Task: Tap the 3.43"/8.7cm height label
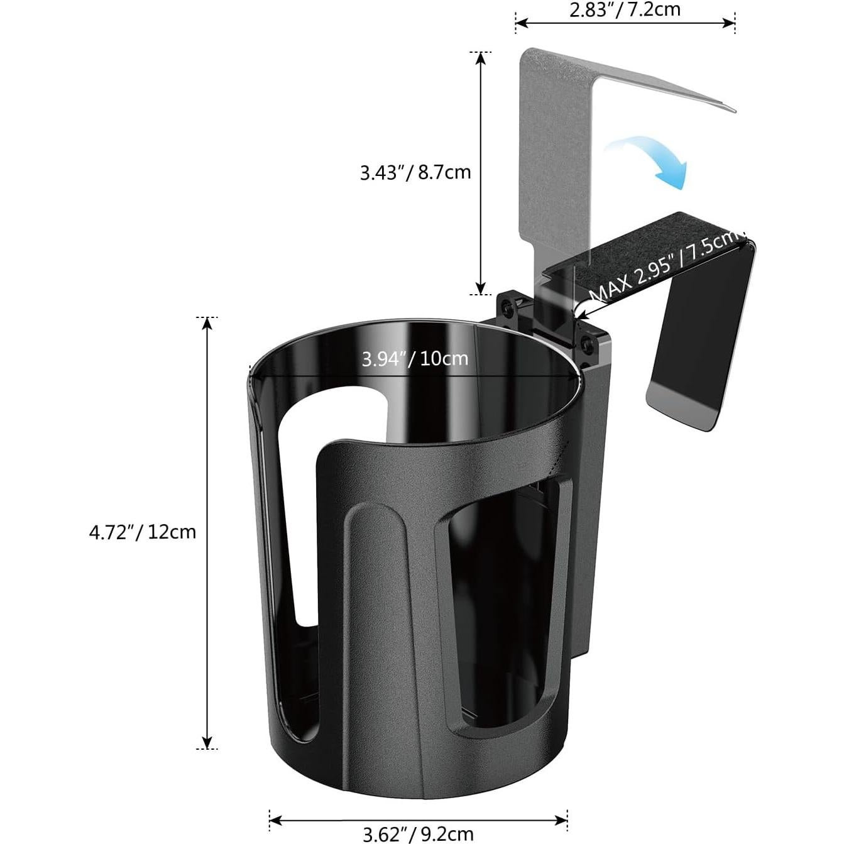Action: click(x=415, y=172)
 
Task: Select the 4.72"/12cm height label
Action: click(x=143, y=532)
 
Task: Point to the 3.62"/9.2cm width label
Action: click(x=418, y=834)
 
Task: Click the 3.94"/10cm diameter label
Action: click(x=415, y=359)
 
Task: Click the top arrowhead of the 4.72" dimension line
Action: click(x=206, y=323)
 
